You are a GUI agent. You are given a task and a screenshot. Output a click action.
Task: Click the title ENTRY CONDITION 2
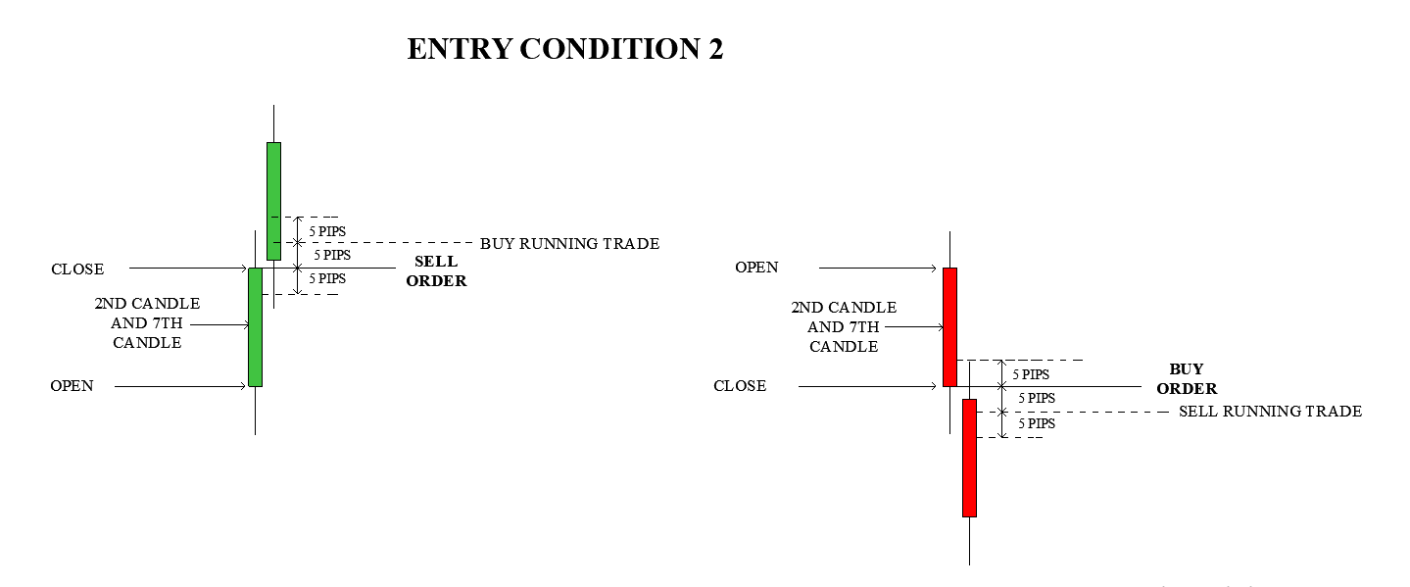click(x=564, y=49)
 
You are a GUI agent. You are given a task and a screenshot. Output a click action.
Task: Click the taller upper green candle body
click(x=273, y=201)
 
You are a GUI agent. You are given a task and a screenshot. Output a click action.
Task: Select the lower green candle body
click(x=255, y=327)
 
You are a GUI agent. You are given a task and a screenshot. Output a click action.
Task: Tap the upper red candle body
click(x=949, y=327)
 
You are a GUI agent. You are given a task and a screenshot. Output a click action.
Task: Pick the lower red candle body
click(x=969, y=458)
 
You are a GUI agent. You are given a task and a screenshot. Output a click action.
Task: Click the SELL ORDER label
click(x=436, y=270)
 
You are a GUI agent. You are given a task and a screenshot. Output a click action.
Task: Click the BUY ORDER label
click(x=1187, y=378)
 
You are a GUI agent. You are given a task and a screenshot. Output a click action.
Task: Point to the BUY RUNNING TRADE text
click(x=569, y=244)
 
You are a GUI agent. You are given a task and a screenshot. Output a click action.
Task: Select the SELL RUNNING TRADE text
click(x=1270, y=412)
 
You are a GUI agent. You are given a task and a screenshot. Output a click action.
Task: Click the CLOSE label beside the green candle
click(x=77, y=269)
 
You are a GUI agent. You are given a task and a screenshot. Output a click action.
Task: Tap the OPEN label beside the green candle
click(x=72, y=385)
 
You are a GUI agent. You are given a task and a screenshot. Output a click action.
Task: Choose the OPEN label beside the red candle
click(x=756, y=268)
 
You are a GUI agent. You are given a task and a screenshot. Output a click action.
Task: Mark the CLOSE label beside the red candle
click(x=740, y=385)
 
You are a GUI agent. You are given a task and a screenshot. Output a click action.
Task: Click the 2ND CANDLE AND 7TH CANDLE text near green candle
click(x=147, y=323)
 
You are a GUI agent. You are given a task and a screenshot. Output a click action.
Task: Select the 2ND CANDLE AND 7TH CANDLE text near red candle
click(x=844, y=327)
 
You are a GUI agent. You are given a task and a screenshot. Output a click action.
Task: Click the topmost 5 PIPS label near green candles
click(x=327, y=232)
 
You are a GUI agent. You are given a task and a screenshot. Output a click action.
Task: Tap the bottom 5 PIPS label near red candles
click(x=1037, y=424)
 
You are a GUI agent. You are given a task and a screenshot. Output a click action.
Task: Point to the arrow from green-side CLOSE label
click(x=188, y=269)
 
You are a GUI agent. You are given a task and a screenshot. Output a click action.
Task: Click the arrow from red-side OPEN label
click(x=878, y=269)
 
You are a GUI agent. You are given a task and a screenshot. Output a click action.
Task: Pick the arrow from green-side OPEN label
click(x=180, y=386)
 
